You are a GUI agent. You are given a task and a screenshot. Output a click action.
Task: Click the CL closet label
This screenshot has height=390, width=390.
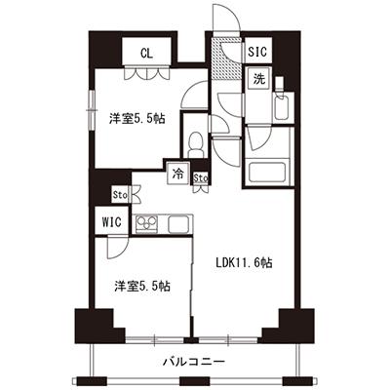[146, 53]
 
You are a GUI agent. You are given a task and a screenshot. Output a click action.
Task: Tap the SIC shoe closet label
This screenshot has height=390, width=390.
[257, 52]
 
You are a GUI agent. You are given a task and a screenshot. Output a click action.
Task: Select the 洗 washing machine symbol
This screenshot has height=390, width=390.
[259, 78]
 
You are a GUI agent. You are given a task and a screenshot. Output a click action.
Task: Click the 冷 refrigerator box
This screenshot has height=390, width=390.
[178, 175]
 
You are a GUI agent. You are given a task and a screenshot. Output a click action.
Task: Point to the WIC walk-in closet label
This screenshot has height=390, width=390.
[111, 222]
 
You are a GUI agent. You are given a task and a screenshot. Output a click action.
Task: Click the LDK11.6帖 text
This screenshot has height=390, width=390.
[244, 262]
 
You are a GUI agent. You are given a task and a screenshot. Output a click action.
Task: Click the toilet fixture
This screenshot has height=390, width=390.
[196, 144]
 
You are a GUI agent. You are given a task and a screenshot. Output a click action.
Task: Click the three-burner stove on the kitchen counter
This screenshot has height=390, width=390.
[146, 224]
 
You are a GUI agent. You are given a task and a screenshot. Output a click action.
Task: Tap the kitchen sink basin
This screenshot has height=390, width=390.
[178, 224]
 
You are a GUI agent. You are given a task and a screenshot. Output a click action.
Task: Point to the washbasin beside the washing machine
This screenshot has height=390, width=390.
[281, 107]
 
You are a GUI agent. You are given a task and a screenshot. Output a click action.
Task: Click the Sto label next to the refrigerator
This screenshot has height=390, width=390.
[200, 178]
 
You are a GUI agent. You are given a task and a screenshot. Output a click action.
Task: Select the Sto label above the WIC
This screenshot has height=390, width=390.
[120, 195]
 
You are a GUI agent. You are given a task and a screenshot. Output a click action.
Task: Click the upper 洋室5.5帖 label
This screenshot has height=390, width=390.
[136, 119]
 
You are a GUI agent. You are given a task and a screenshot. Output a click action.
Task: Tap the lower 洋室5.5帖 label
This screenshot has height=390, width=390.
[142, 286]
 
